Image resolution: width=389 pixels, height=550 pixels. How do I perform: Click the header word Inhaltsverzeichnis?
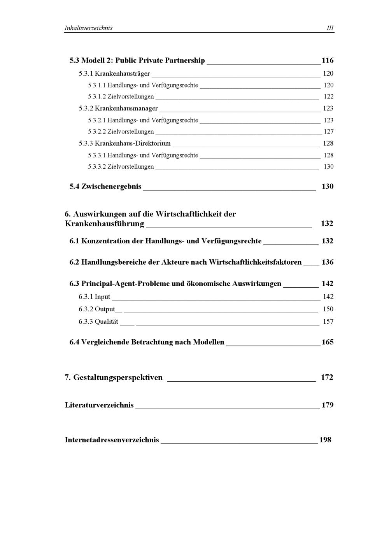coord(88,28)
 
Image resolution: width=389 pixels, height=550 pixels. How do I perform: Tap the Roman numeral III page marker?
coord(330,28)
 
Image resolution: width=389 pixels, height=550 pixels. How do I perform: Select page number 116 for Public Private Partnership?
coord(328,60)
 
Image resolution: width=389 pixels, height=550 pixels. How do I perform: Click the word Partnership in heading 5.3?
coord(185,60)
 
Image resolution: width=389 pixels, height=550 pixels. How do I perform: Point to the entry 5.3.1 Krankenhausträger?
coord(114,73)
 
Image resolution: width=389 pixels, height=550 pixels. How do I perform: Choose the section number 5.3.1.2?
coord(97,96)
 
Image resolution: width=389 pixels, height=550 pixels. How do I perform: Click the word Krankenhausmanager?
coord(126,108)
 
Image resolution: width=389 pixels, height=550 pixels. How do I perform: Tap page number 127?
coord(329,131)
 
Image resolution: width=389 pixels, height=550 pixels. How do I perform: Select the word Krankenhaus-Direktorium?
coord(133,143)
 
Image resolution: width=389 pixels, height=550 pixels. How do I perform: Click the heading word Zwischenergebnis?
coord(111,186)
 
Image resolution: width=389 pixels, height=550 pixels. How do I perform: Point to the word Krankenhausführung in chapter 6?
coord(104,223)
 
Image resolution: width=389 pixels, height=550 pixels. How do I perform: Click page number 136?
coord(328,262)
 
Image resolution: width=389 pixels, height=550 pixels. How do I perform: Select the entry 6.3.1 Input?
coord(95,297)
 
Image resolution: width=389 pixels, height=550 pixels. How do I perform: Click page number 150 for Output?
coord(328,309)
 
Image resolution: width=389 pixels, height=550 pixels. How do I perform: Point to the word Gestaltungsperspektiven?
coord(118,377)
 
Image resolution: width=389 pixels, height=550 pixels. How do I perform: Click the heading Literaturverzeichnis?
coord(99,405)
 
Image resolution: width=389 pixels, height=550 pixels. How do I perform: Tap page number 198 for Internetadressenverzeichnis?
coord(325,440)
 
